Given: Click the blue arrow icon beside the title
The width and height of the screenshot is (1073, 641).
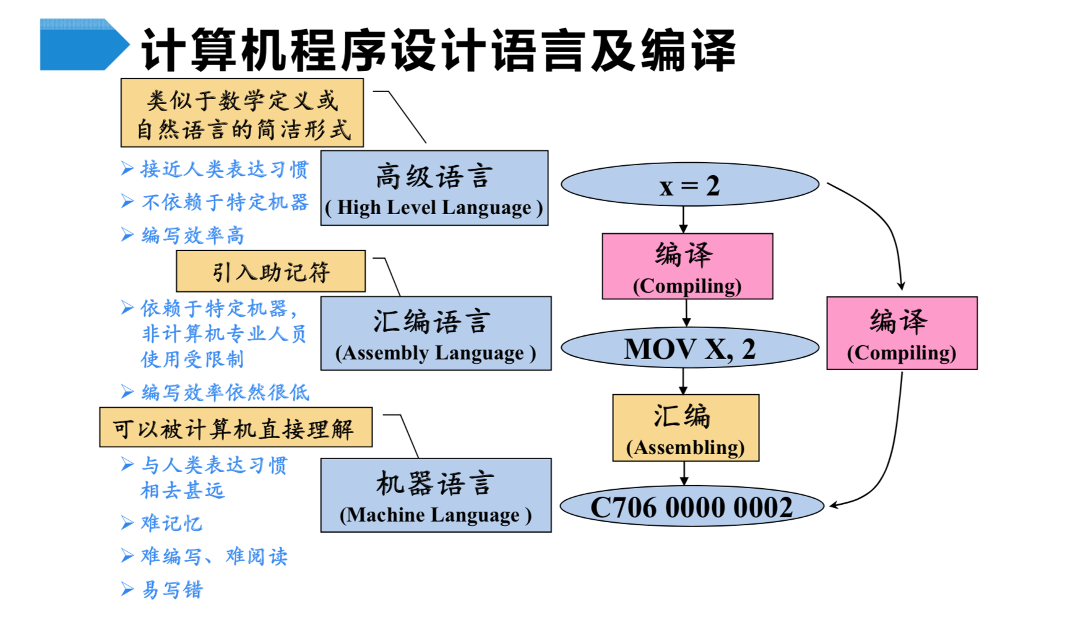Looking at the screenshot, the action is click(x=84, y=44).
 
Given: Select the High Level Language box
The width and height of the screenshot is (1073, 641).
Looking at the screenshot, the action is click(x=434, y=188).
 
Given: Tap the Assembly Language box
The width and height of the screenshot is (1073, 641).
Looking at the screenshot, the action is click(x=436, y=333).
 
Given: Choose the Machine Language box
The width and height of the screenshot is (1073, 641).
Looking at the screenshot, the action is click(x=436, y=495).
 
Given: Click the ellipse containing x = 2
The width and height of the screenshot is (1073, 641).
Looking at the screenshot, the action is click(x=690, y=184).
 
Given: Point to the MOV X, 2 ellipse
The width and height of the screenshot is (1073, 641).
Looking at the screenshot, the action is click(x=690, y=348).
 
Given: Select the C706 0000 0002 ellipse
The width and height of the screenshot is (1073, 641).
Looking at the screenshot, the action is click(x=692, y=506).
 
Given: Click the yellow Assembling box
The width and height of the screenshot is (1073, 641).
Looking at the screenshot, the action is click(x=686, y=428).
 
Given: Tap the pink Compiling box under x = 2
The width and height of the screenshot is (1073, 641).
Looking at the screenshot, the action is click(x=687, y=267).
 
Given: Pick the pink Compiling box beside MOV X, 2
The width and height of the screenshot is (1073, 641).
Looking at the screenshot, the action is click(x=902, y=333).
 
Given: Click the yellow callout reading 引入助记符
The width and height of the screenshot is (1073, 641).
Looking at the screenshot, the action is click(x=271, y=271).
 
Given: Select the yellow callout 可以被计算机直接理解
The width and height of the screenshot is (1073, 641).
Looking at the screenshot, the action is click(x=236, y=427).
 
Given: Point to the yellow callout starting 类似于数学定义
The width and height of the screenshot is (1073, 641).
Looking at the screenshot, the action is click(x=242, y=113).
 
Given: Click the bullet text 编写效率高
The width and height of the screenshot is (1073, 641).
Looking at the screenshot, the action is click(x=193, y=235).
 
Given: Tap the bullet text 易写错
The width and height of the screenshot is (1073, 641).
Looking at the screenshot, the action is click(x=172, y=590).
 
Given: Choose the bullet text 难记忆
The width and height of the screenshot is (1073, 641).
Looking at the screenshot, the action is click(x=172, y=523).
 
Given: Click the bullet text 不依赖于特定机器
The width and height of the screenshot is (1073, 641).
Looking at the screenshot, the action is click(x=225, y=202).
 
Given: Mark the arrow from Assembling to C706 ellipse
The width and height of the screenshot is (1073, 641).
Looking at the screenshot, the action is click(x=684, y=473).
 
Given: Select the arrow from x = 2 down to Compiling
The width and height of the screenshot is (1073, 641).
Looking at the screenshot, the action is click(x=683, y=220).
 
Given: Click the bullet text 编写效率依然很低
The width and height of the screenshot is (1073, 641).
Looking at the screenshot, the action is click(x=225, y=392).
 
